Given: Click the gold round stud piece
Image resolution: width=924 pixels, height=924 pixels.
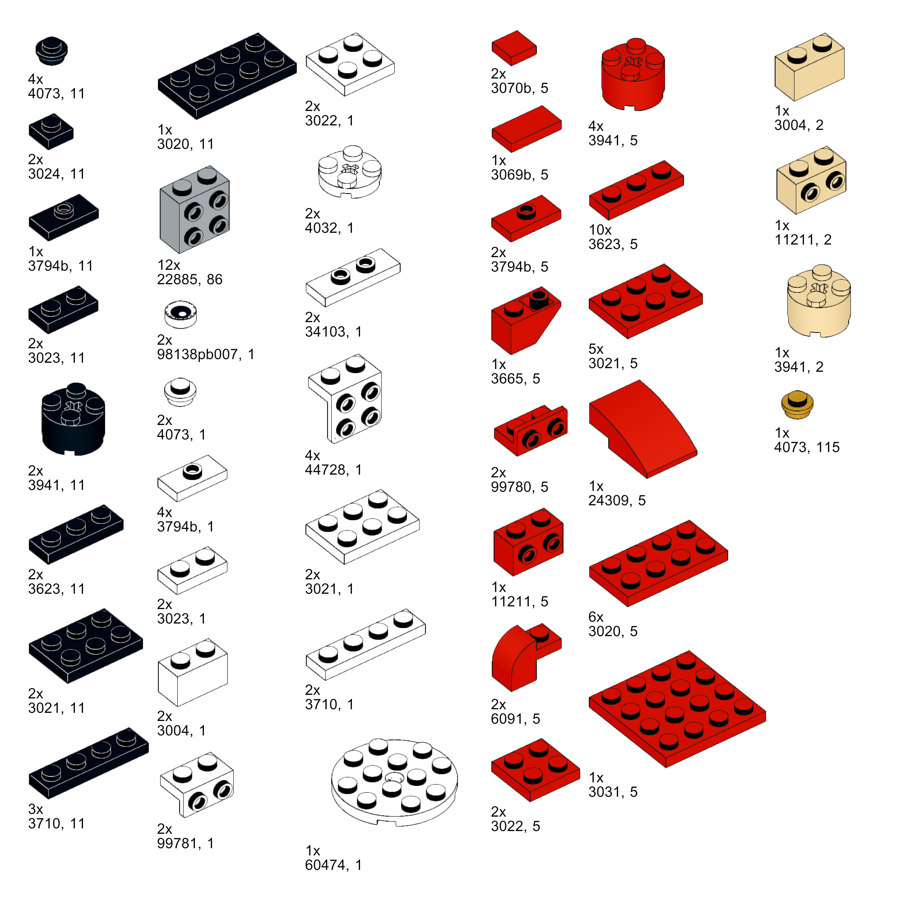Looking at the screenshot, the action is (797, 405).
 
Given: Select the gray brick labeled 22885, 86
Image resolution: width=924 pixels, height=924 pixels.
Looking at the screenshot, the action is (194, 209).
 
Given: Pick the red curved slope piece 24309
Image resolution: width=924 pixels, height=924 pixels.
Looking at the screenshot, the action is (643, 429).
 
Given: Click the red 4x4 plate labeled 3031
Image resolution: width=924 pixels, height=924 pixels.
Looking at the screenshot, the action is (677, 709).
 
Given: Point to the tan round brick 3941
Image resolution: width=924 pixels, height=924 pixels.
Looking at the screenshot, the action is (818, 301).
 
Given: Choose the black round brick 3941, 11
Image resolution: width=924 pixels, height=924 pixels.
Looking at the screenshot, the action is (73, 419).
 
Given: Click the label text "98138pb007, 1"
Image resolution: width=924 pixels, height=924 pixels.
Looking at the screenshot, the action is (206, 354).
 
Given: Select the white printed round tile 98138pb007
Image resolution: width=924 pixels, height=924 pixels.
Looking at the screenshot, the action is (180, 314).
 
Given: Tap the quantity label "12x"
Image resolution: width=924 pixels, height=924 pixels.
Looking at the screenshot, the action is (168, 265).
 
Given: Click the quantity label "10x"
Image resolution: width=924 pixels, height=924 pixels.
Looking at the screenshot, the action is (600, 230).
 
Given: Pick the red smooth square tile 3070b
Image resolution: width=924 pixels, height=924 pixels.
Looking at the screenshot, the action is (514, 48).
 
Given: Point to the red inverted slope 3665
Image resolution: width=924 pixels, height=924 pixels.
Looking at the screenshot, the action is (526, 320).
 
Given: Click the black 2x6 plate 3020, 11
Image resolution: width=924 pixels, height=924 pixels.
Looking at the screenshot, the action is (227, 76).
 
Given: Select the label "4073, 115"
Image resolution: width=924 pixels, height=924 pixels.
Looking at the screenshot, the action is (807, 447).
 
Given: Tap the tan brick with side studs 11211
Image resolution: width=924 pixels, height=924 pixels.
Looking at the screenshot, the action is (811, 180).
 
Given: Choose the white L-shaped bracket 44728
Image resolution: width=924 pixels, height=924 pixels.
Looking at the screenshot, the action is (345, 399).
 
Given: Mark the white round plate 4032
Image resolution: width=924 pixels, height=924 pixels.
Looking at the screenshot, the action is (350, 171).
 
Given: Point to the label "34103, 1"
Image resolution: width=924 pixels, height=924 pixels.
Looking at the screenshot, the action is (333, 332).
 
